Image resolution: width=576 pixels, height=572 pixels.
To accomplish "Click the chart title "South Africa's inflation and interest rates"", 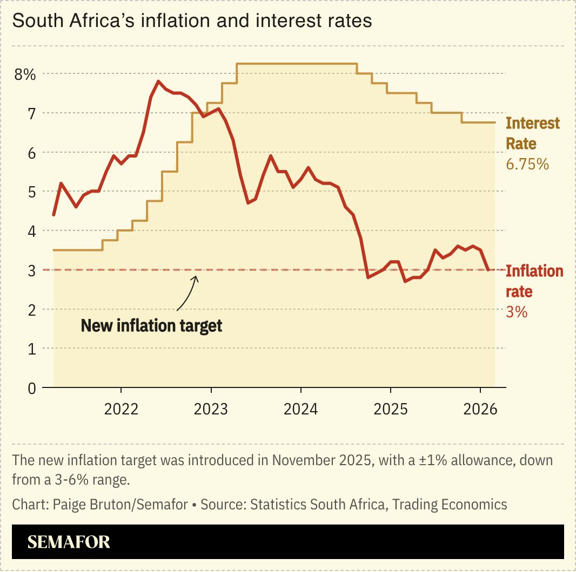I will pyautogui.click(x=192, y=21).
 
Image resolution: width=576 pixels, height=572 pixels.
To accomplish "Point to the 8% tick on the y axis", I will pyautogui.click(x=25, y=74).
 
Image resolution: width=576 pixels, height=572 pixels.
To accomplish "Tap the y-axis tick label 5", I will pyautogui.click(x=32, y=192).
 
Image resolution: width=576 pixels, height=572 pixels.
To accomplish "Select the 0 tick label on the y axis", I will pyautogui.click(x=32, y=388).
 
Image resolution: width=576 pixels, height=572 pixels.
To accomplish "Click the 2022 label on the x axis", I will pyautogui.click(x=121, y=409).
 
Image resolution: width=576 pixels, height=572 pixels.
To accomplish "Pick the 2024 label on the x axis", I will pyautogui.click(x=300, y=409).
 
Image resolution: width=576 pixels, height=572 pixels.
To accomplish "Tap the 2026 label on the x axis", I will pyautogui.click(x=480, y=409).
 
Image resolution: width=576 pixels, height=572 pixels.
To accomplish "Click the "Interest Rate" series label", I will pyautogui.click(x=532, y=133).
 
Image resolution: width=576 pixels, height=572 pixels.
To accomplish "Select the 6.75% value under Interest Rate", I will pyautogui.click(x=527, y=164).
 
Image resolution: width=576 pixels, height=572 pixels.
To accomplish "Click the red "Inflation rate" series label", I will pyautogui.click(x=534, y=281).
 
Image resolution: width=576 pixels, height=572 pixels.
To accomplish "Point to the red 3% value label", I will pyautogui.click(x=516, y=312).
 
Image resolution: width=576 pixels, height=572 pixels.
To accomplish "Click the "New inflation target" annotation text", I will pyautogui.click(x=151, y=326).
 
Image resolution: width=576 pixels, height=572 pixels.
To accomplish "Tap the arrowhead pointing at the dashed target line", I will pyautogui.click(x=197, y=277).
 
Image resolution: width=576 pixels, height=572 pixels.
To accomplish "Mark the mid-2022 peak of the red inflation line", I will pyautogui.click(x=158, y=81).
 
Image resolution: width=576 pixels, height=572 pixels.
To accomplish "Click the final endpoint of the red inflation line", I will pyautogui.click(x=488, y=270).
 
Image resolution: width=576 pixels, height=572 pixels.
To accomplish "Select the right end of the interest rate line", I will pyautogui.click(x=494, y=122).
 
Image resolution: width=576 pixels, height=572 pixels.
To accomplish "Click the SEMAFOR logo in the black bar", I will pyautogui.click(x=69, y=542).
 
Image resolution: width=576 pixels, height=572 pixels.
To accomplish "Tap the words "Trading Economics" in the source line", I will pyautogui.click(x=450, y=505).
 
